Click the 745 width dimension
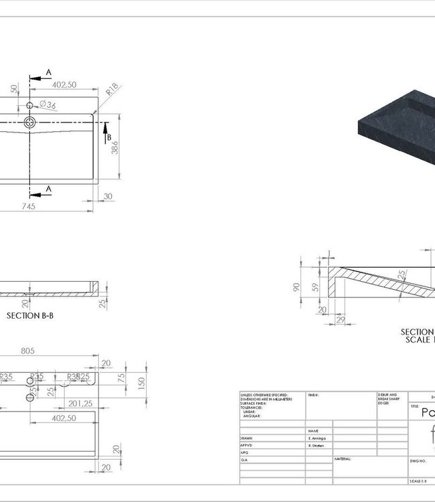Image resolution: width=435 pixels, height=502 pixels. pos(27,206)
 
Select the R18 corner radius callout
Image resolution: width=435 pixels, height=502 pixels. pos(112,88)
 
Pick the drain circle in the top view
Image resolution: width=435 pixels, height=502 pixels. pos(30,122)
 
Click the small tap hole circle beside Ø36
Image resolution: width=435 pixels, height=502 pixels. pos(31,105)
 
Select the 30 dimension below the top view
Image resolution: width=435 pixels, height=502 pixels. pos(108,196)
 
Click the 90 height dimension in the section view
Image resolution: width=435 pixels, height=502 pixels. pos(296,287)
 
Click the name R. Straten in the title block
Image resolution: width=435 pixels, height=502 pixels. pos(318,444)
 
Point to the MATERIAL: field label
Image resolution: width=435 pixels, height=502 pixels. pos(344,459)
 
